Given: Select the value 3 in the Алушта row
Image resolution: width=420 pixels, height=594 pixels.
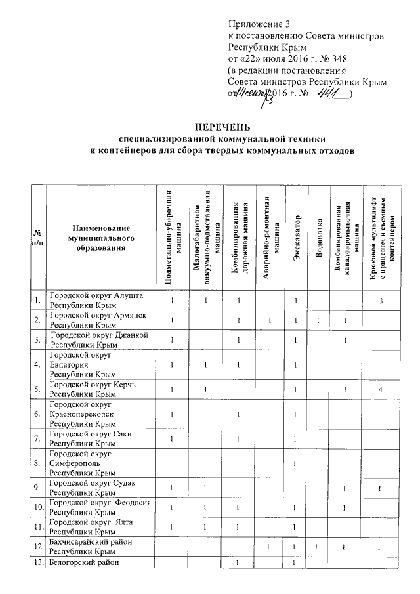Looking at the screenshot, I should (x=380, y=301).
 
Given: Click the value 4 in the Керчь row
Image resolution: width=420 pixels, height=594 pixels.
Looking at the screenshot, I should (x=380, y=389).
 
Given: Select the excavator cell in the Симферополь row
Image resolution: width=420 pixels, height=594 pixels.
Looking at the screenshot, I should (x=297, y=463).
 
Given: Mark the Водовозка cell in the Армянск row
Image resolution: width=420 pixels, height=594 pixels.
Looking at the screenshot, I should (x=319, y=320).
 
